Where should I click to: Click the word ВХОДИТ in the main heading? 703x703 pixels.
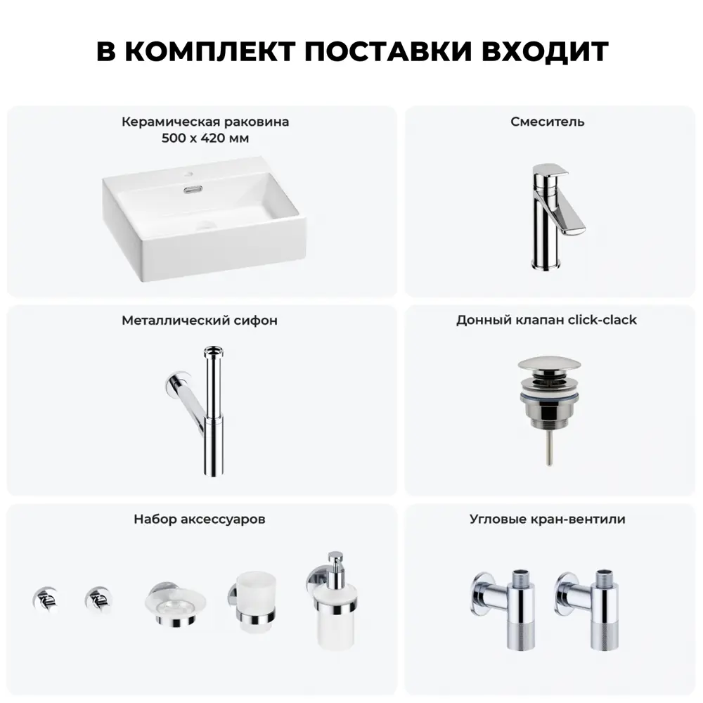pyautogui.click(x=545, y=51)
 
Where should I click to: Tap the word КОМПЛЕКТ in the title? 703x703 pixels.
pyautogui.click(x=209, y=51)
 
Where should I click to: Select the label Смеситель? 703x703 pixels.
pyautogui.click(x=548, y=122)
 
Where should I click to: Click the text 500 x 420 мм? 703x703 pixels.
pyautogui.click(x=205, y=138)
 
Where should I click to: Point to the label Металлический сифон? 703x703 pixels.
pyautogui.click(x=200, y=321)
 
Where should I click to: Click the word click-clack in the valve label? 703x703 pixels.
pyautogui.click(x=602, y=320)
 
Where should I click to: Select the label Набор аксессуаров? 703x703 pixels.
pyautogui.click(x=200, y=520)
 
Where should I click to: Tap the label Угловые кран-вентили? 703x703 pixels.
pyautogui.click(x=548, y=520)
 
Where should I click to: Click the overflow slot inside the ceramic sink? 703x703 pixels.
pyautogui.click(x=193, y=189)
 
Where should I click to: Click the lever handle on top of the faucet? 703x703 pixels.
pyautogui.click(x=550, y=169)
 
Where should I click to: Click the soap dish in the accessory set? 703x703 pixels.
pyautogui.click(x=175, y=603)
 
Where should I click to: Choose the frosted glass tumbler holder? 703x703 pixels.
pyautogui.click(x=252, y=601)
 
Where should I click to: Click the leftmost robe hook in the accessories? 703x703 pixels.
pyautogui.click(x=45, y=599)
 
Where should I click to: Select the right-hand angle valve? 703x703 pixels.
pyautogui.click(x=588, y=608)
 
